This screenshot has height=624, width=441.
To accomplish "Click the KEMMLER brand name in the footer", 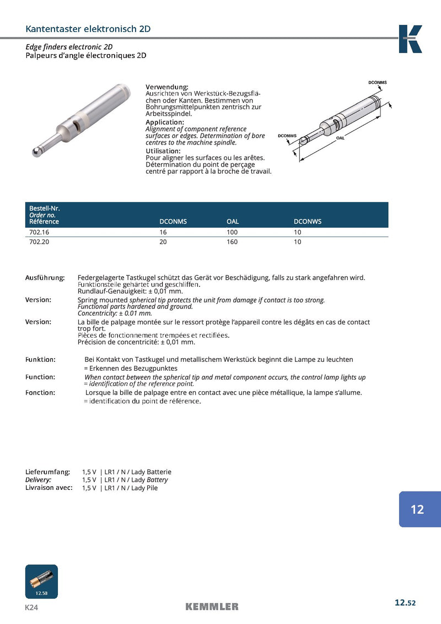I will (x=212, y=607).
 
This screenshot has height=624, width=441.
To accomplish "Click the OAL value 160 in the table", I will (x=232, y=242).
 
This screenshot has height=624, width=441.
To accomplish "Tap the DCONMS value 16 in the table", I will (x=163, y=232).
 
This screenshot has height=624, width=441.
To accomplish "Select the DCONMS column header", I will (x=173, y=221).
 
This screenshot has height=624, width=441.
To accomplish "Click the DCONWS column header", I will (x=308, y=221).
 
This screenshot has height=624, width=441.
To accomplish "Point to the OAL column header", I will (x=233, y=221).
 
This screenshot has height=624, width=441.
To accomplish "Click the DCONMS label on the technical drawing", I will (x=378, y=82).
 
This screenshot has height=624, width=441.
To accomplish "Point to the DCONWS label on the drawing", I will (x=287, y=135).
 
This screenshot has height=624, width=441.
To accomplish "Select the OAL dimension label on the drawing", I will (x=340, y=138).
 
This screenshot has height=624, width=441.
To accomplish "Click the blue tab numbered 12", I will (x=417, y=509).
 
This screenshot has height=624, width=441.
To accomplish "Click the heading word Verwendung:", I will (x=166, y=87).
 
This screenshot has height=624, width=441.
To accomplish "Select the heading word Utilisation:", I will (x=163, y=151).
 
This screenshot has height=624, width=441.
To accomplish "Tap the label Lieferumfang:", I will (x=47, y=472).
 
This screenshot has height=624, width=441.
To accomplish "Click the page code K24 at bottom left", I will (x=31, y=607).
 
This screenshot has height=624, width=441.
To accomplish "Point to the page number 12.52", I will (x=405, y=602).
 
